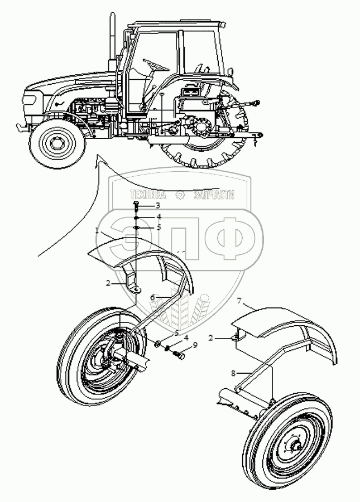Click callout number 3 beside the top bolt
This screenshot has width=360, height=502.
pyautogui.click(x=142, y=206)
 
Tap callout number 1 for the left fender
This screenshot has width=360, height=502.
pyautogui.click(x=97, y=230)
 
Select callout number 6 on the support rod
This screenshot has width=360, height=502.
pyautogui.click(x=152, y=297)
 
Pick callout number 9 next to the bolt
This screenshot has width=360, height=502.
pyautogui.click(x=194, y=345)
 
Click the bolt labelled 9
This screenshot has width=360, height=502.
pyautogui.click(x=180, y=354)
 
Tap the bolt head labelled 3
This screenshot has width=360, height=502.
pyautogui.click(x=135, y=206)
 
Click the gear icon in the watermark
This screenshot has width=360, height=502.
pyautogui.click(x=179, y=196)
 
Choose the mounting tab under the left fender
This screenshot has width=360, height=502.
pyautogui.click(x=133, y=288)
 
